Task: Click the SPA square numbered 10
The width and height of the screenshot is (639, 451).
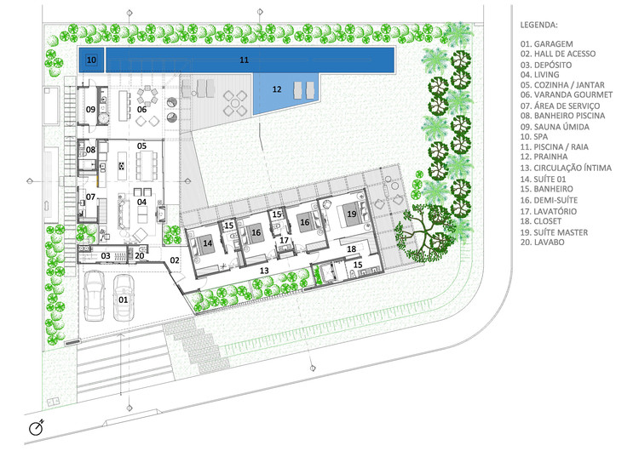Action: (x=91, y=60)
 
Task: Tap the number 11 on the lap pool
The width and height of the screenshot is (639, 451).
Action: (x=245, y=60)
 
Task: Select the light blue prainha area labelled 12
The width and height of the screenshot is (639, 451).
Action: (x=285, y=94)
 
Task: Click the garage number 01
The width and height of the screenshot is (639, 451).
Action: (x=123, y=300)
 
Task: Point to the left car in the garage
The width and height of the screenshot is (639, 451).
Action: (x=94, y=296)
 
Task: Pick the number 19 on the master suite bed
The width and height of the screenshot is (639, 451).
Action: (x=352, y=214)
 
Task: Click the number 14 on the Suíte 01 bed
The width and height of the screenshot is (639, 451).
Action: (x=207, y=243)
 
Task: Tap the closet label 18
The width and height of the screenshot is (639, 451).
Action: (x=351, y=248)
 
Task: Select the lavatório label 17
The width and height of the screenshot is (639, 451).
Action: (x=284, y=241)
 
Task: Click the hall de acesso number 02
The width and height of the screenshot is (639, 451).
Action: (x=175, y=260)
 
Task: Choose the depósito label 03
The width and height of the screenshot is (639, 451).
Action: (x=106, y=256)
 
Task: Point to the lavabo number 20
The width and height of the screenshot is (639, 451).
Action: (x=140, y=256)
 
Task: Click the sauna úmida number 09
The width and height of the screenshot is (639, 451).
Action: (x=90, y=110)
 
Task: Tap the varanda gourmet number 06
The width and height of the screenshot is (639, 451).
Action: (x=141, y=110)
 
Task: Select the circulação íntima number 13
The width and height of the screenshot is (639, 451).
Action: (x=264, y=271)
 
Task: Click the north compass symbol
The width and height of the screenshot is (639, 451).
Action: (x=37, y=427)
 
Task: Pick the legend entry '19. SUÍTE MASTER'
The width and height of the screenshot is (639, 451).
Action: (x=554, y=232)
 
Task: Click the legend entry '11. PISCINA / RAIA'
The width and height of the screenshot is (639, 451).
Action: (x=555, y=146)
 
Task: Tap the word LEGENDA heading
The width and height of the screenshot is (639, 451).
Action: (x=538, y=25)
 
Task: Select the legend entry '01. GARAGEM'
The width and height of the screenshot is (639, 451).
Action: (x=546, y=44)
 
